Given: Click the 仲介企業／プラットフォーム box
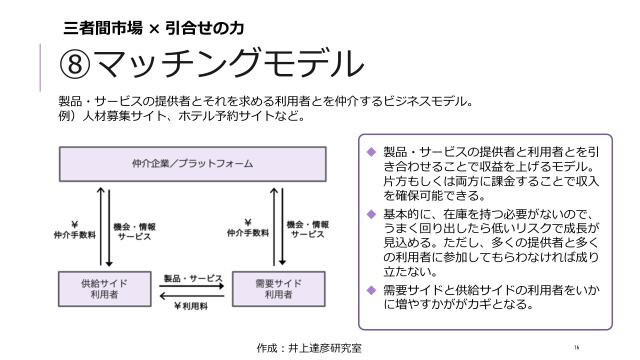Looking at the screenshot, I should (x=192, y=162).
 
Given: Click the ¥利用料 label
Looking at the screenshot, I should (x=191, y=305).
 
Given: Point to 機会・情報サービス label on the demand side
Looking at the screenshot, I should (x=309, y=228).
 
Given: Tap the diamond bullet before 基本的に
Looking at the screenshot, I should (x=371, y=214).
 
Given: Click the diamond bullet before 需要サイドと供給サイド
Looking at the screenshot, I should (x=371, y=290).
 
